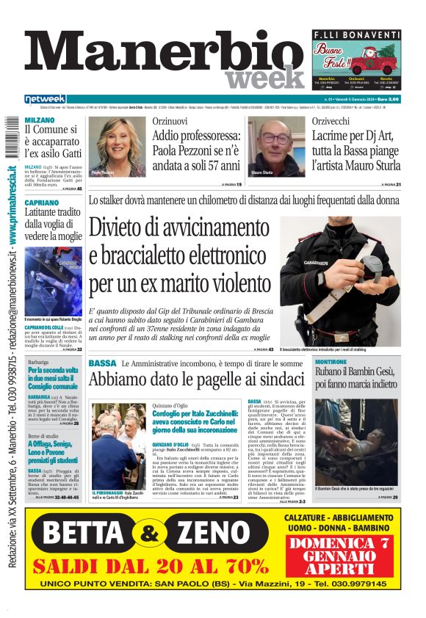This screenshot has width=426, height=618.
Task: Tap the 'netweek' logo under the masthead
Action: (x=46, y=99)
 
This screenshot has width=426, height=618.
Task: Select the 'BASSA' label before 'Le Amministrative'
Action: (x=102, y=363)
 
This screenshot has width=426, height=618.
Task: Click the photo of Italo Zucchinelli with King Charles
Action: (x=118, y=446)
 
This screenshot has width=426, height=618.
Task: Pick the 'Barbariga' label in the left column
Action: (x=39, y=363)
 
